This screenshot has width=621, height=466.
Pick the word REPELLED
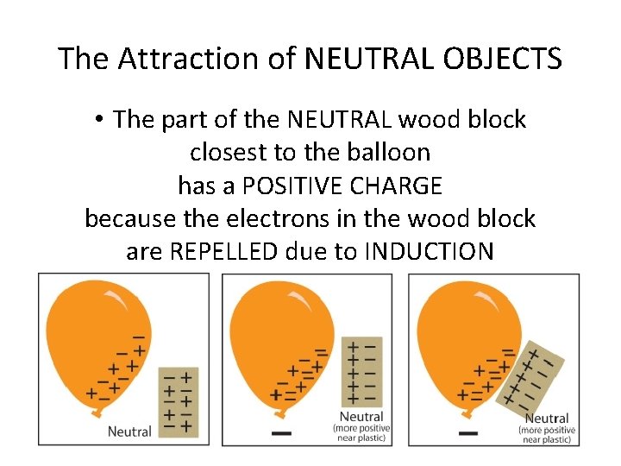224,251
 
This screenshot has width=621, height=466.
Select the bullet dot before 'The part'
101,120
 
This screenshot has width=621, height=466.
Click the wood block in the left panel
179,401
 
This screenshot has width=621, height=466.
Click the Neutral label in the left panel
129,431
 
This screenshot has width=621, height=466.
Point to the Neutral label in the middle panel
361,417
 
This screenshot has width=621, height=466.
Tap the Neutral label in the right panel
546,418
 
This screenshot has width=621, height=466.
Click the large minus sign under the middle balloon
281,431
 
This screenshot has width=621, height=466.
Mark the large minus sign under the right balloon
468,431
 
